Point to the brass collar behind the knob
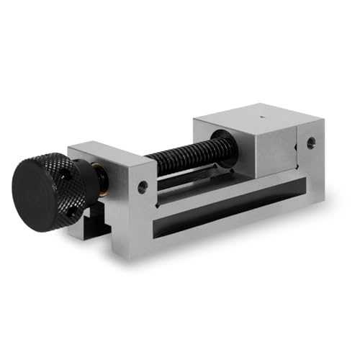[103, 189]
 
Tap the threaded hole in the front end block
[143, 186]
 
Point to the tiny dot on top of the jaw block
[259, 114]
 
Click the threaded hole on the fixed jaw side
[310, 143]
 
